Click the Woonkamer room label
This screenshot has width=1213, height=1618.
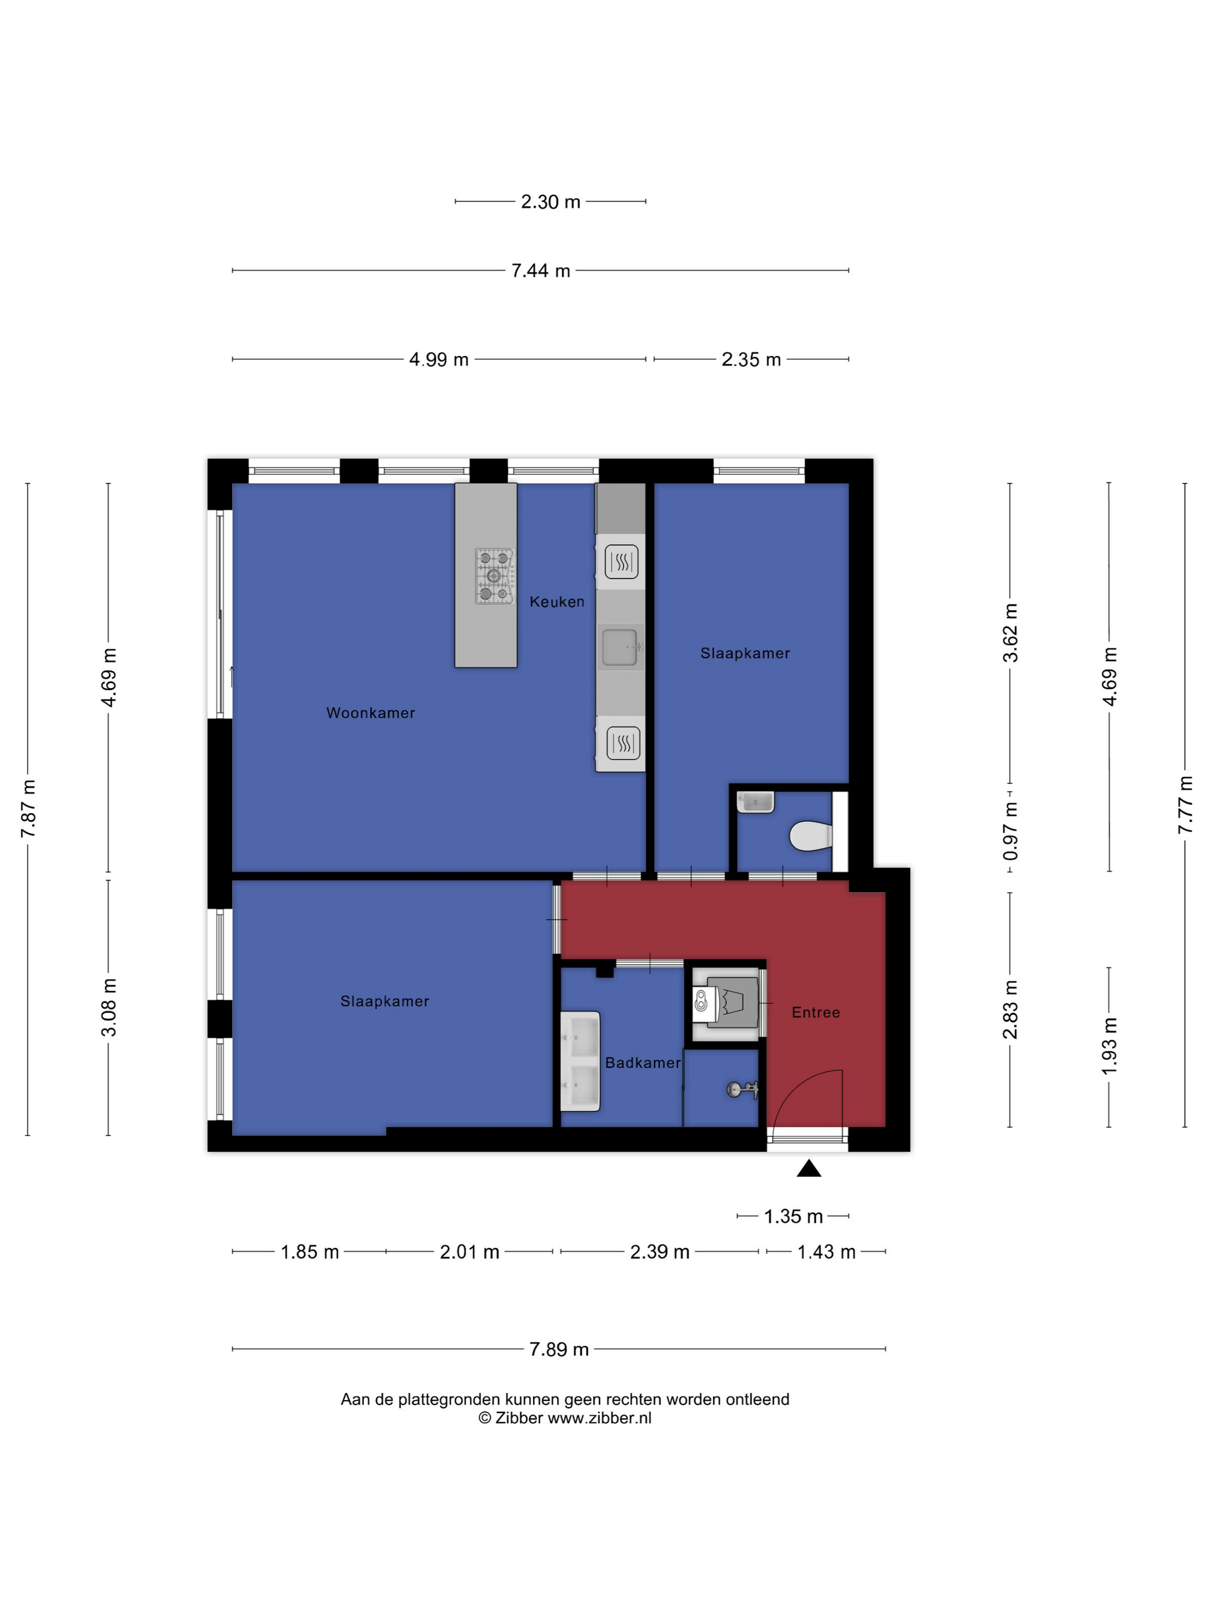click(x=370, y=712)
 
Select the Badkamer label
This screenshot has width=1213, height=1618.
click(x=643, y=1062)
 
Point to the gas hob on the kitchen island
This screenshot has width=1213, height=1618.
click(x=493, y=576)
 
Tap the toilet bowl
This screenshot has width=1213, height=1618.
click(x=811, y=836)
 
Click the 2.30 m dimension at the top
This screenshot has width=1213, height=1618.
click(x=550, y=201)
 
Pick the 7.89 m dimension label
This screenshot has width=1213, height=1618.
click(x=559, y=1349)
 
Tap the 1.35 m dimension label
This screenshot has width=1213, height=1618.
click(x=793, y=1216)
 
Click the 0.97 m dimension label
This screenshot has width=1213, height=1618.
click(x=1010, y=831)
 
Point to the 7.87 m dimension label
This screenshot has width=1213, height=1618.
click(x=28, y=809)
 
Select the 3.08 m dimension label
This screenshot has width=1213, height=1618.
click(x=108, y=1007)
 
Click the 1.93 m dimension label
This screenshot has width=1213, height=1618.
click(x=1108, y=1046)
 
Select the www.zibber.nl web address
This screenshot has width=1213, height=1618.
click(x=600, y=1417)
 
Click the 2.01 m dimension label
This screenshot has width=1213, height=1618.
click(x=470, y=1252)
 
